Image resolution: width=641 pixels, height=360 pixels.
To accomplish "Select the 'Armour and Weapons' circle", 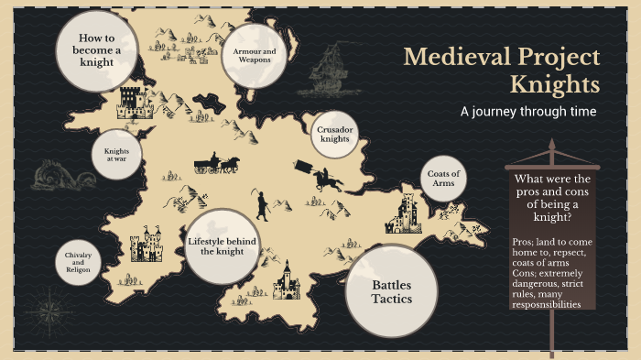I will click(x=253, y=57).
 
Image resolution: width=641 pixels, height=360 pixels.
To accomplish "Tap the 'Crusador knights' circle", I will click(x=334, y=136).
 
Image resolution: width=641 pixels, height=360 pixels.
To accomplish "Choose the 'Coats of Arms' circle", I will click(x=444, y=179).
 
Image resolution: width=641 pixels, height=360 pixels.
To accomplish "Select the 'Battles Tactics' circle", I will click(x=391, y=291).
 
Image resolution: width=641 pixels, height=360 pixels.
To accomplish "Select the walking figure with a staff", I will click(x=263, y=205).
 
